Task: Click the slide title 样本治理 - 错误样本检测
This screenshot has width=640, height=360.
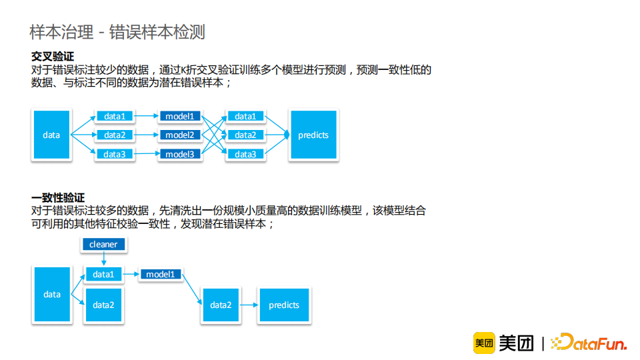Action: click(x=117, y=31)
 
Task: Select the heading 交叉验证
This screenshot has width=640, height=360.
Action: click(x=53, y=57)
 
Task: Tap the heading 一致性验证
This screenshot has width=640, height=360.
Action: click(x=58, y=197)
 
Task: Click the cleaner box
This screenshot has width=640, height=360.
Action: click(x=103, y=245)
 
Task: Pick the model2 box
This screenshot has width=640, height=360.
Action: click(x=180, y=135)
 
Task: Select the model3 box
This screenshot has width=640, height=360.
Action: click(x=180, y=154)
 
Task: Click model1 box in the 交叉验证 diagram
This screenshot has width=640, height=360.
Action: click(x=180, y=116)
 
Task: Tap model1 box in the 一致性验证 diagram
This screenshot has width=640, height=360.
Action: click(x=160, y=275)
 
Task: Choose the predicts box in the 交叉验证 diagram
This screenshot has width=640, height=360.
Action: click(x=313, y=135)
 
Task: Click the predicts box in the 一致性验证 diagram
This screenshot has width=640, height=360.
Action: click(x=284, y=305)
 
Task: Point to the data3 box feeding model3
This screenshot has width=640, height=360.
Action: click(x=115, y=154)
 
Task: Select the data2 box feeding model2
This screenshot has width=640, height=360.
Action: click(x=115, y=135)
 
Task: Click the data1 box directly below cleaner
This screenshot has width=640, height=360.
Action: click(x=103, y=275)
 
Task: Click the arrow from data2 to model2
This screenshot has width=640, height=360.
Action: click(x=146, y=135)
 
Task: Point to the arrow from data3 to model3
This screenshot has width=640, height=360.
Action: click(x=146, y=154)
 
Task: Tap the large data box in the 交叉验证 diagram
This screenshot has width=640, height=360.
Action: click(x=51, y=135)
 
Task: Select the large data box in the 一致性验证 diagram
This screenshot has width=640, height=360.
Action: click(x=52, y=295)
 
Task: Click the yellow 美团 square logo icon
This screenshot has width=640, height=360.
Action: click(x=483, y=343)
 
